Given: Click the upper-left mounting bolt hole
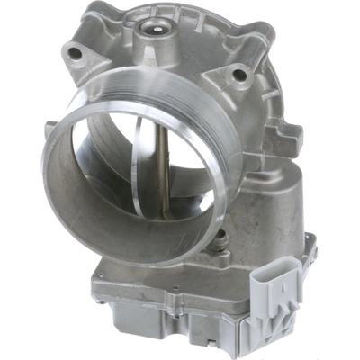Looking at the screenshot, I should click(x=76, y=54).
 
